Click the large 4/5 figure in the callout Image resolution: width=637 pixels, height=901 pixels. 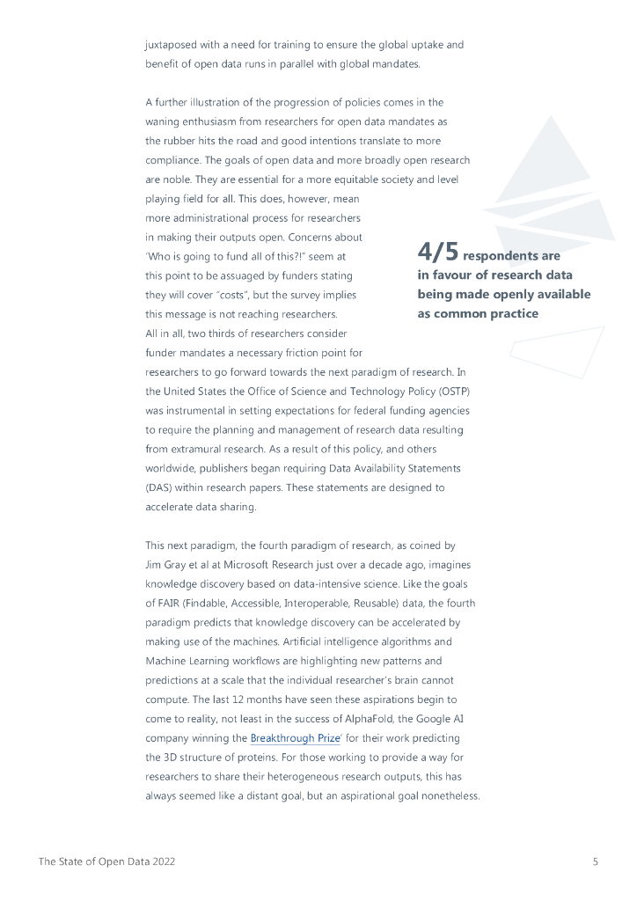pyautogui.click(x=437, y=253)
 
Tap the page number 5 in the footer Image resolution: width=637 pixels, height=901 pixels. pyautogui.click(x=596, y=861)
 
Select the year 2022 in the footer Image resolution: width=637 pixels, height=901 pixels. pyautogui.click(x=160, y=861)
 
